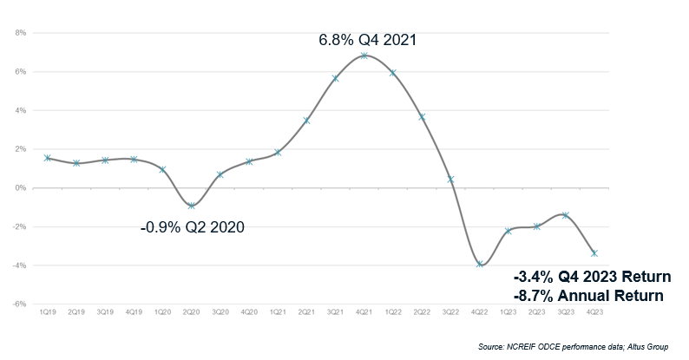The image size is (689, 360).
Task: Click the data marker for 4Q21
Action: click(x=364, y=56)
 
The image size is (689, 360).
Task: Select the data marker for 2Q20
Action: click(x=192, y=206)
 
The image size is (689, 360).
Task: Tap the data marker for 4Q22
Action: click(x=480, y=264)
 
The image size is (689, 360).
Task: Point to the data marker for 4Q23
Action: click(x=595, y=253)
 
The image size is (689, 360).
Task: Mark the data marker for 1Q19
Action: click(x=48, y=158)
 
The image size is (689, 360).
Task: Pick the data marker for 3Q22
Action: click(x=451, y=180)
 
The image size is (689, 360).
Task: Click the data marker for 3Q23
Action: click(x=567, y=215)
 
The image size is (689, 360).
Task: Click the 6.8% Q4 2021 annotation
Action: click(x=364, y=39)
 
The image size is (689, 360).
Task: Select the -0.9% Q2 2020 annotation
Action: click(x=192, y=228)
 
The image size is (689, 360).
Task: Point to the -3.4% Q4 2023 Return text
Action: click(x=592, y=278)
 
